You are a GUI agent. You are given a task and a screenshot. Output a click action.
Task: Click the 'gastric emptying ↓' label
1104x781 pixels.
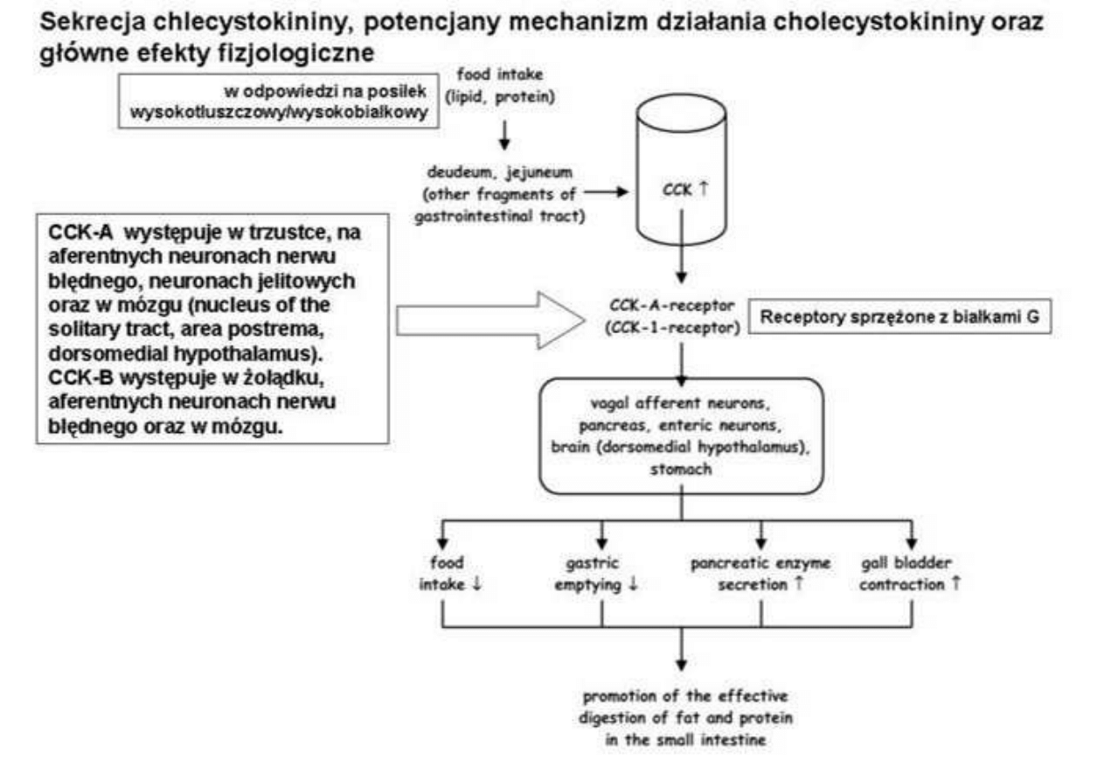tap(601, 575)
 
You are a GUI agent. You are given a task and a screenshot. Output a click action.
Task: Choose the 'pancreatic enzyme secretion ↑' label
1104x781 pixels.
tap(760, 575)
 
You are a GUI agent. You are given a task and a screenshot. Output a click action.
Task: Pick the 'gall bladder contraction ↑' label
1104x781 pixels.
tap(910, 575)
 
